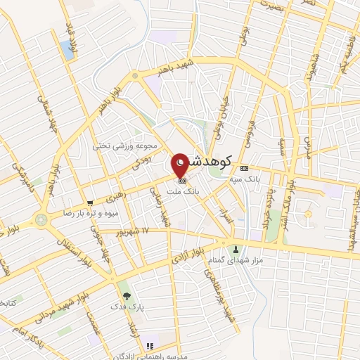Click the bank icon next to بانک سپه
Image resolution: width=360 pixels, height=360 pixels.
[244, 168]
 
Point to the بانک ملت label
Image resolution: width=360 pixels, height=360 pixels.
[187, 191]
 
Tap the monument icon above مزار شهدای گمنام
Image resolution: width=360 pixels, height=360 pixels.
[236, 249]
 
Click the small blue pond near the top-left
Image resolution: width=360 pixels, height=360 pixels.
[68, 49]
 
